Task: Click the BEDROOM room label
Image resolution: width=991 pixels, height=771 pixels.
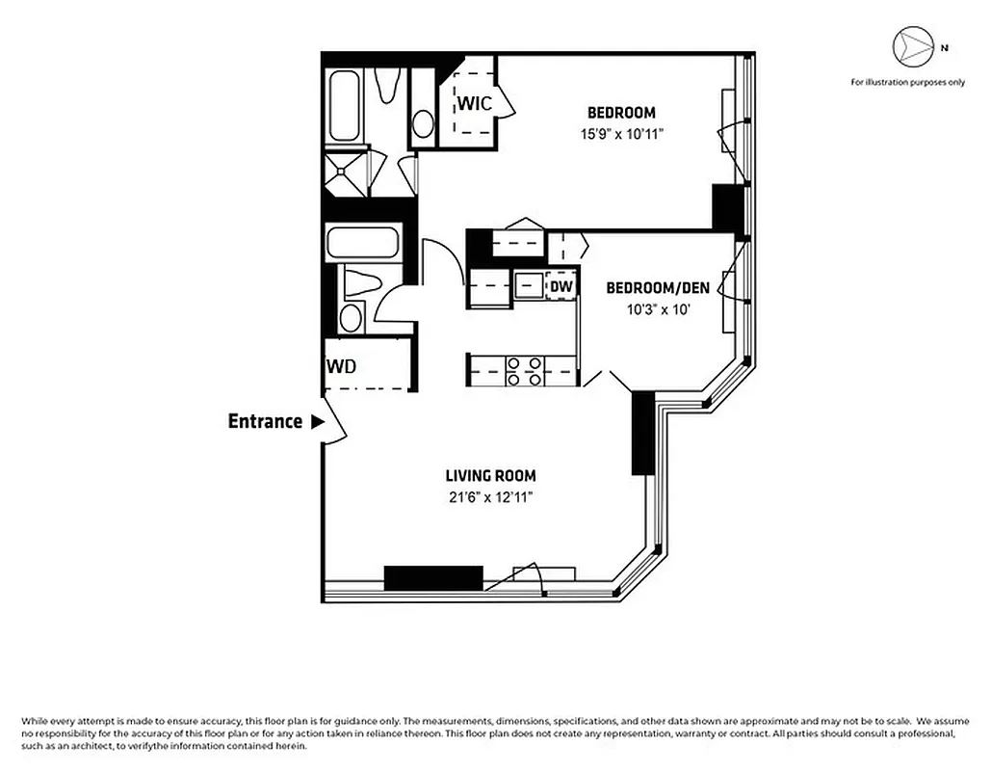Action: [621, 112]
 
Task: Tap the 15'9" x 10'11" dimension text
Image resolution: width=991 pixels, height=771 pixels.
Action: [621, 134]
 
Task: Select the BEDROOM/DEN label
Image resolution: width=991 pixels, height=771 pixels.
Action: [657, 288]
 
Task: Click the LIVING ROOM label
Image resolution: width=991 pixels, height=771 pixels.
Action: [490, 475]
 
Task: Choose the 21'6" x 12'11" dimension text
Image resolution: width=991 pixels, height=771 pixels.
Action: [490, 497]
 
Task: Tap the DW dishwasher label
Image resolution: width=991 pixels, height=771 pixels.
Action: [561, 286]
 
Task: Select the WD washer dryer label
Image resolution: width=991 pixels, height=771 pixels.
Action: [342, 366]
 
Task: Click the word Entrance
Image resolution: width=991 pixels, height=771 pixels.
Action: [265, 421]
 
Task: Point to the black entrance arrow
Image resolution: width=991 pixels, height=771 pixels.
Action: [316, 421]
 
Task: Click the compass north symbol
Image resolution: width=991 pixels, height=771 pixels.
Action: [910, 45]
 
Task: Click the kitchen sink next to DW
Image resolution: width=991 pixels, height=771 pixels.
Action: [527, 286]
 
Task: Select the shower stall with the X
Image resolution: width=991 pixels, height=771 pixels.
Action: [346, 173]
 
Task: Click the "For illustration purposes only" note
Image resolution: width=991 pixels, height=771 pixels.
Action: [906, 83]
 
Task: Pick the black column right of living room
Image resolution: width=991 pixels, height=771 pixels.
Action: [642, 434]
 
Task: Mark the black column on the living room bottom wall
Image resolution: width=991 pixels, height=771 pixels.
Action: [432, 577]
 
